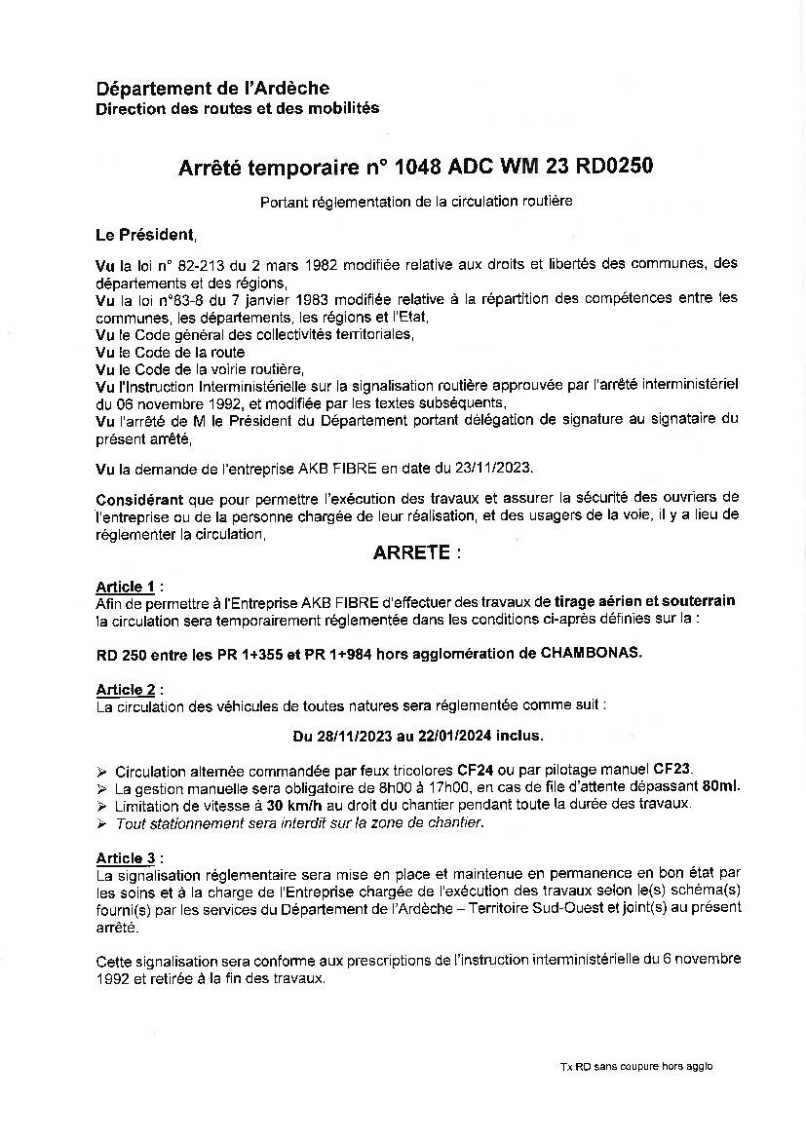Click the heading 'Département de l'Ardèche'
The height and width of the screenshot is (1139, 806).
pos(212,89)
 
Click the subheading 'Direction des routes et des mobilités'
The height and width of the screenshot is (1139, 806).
pos(237,108)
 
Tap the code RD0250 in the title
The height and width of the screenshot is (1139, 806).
pos(614,168)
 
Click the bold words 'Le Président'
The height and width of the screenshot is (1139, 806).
pos(145,235)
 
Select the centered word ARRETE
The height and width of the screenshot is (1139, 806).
pos(411,552)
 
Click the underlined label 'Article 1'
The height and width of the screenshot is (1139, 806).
pos(126,587)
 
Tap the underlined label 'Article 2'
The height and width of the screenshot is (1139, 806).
pos(126,689)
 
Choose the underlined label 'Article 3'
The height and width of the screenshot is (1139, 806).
pos(126,857)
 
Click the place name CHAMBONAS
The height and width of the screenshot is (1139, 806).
pos(592,652)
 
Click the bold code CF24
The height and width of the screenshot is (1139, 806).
pos(477,769)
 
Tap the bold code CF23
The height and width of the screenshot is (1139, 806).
pos(673,769)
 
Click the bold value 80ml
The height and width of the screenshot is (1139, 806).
pos(719,786)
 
